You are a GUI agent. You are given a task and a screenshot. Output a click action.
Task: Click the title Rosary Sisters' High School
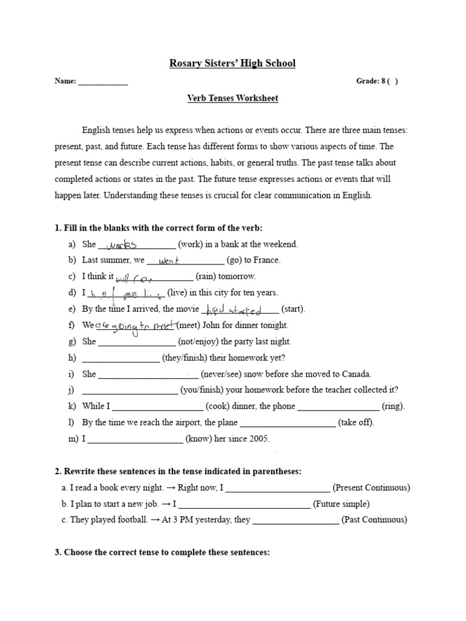232,63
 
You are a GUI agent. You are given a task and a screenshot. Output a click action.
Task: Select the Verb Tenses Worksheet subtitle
232,98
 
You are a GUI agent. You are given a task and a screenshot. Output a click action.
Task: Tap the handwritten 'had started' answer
234,310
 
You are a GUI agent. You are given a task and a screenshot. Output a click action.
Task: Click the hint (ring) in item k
393,406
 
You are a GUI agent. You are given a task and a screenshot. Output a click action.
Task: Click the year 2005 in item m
257,438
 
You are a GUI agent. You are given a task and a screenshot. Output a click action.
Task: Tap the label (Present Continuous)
371,488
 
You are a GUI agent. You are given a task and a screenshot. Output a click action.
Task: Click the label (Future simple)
341,503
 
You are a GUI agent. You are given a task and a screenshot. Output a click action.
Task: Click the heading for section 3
162,552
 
